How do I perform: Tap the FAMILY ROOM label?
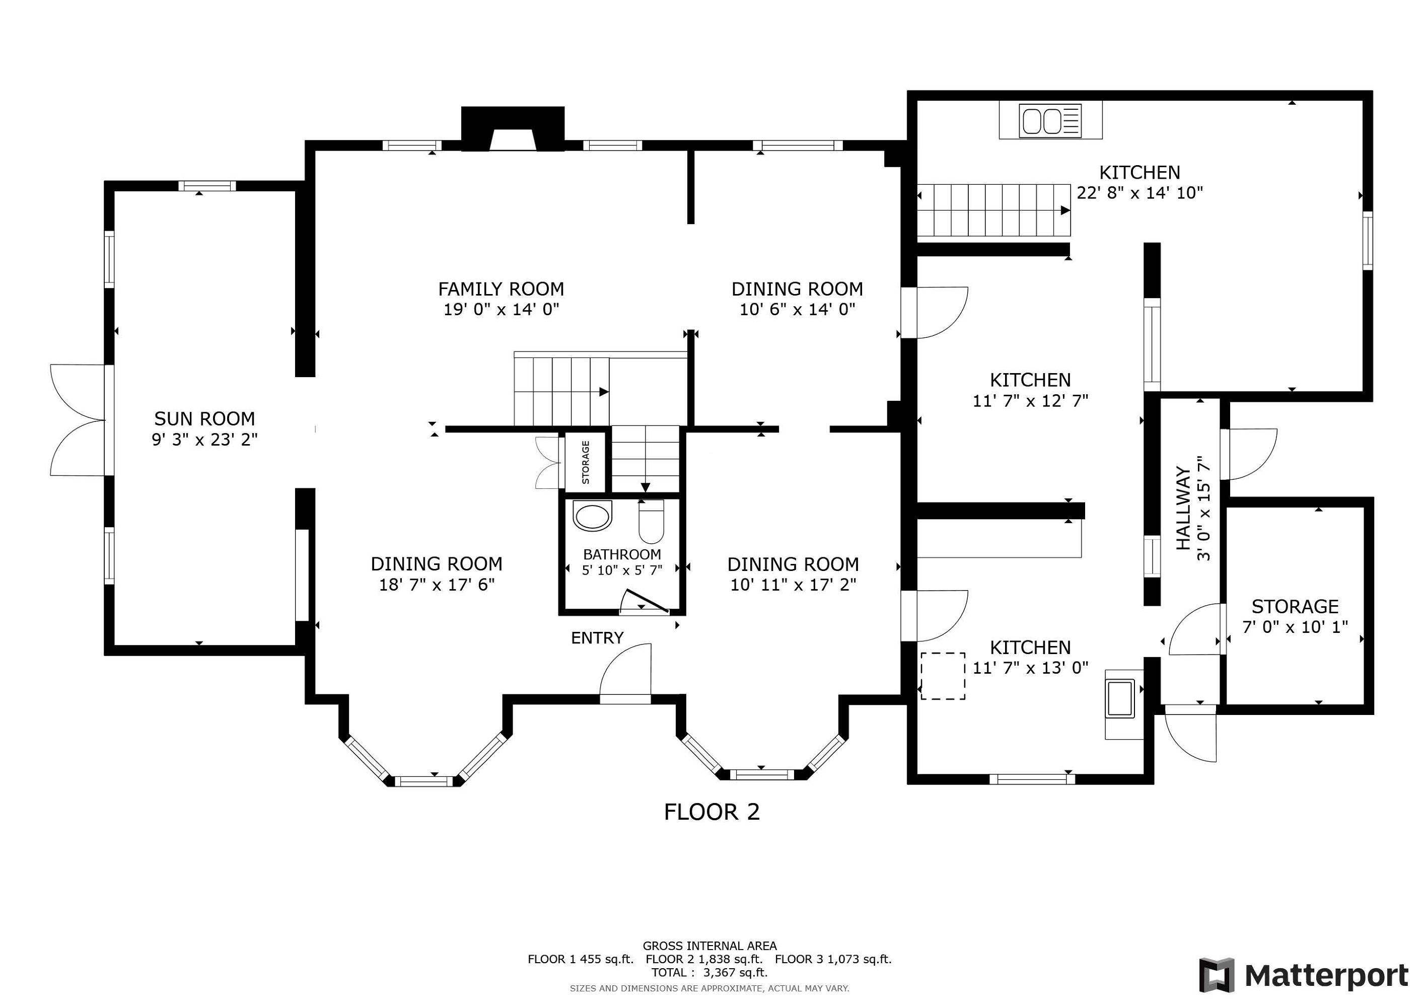(501, 289)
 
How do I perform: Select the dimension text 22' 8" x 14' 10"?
(1140, 193)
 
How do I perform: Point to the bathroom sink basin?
(592, 517)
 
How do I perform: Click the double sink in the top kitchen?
(1051, 121)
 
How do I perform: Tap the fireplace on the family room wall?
(513, 129)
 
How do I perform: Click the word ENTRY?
(597, 637)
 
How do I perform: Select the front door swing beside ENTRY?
(625, 673)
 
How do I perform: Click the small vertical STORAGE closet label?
(586, 462)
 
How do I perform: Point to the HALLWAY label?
(1184, 508)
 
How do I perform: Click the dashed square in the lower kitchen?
(943, 676)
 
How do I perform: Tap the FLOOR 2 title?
(712, 812)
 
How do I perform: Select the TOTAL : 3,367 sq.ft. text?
(709, 973)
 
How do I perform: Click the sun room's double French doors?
(78, 420)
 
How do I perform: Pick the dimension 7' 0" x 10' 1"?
(1295, 627)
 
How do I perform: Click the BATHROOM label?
(622, 554)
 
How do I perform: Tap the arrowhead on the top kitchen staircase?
(1065, 210)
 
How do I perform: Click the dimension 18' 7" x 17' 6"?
(437, 585)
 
